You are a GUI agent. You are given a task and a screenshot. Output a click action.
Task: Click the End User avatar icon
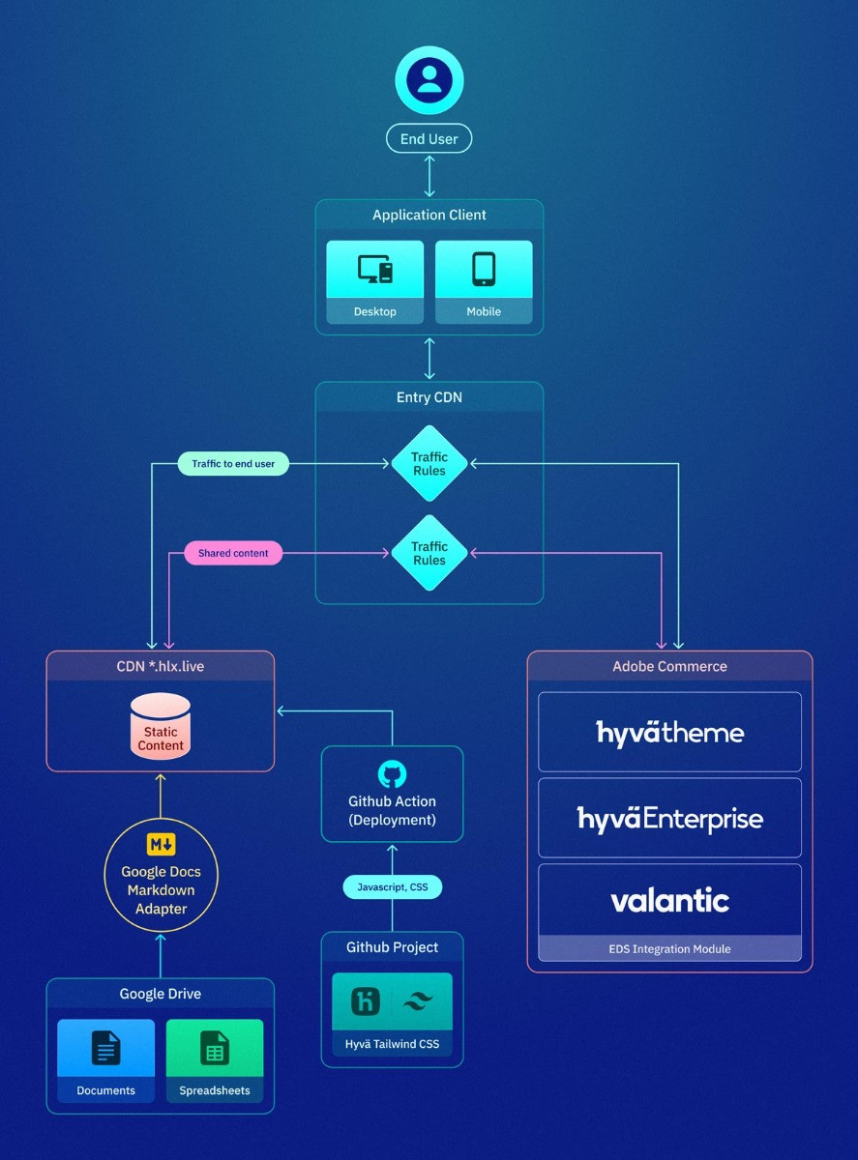point(429,80)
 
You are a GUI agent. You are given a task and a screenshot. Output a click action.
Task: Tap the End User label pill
point(429,139)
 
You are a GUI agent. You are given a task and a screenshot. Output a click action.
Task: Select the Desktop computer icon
point(375,269)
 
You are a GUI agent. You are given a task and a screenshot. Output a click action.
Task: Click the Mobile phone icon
point(484,269)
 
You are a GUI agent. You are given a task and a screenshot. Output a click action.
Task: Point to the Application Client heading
point(429,215)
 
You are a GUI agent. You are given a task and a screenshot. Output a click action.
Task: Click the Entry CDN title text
point(429,397)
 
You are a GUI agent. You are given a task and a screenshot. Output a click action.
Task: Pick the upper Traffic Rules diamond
point(429,464)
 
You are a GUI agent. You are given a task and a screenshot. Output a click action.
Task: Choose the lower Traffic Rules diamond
point(429,553)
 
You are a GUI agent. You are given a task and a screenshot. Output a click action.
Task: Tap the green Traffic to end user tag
point(233,464)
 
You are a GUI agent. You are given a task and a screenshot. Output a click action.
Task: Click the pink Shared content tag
point(233,553)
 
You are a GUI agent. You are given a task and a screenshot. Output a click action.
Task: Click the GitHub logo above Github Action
point(392,774)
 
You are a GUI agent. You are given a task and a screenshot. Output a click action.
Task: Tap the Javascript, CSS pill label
point(392,887)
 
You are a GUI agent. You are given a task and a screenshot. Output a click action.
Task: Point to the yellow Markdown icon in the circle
point(161,844)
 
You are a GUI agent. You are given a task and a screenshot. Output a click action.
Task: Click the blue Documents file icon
point(106,1048)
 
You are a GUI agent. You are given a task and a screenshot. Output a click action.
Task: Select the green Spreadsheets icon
point(215,1048)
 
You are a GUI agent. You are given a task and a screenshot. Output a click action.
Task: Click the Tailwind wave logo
point(419,1001)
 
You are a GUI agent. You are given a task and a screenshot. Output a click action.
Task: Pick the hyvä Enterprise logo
point(669,819)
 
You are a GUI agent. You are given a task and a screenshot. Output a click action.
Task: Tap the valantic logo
point(669,901)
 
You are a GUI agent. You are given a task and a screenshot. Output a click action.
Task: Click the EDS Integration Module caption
point(669,949)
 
